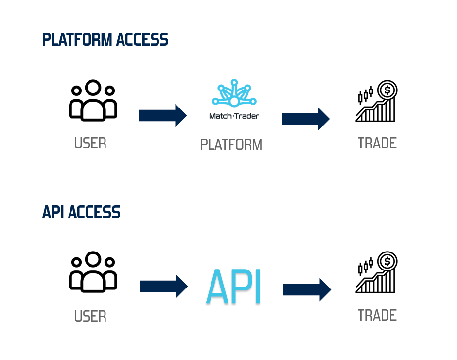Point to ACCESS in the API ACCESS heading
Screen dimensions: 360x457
click(94, 213)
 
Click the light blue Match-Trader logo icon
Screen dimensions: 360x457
click(234, 93)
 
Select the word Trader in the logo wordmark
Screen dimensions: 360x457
click(248, 116)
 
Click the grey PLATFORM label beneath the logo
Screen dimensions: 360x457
click(231, 145)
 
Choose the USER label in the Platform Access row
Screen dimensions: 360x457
click(90, 144)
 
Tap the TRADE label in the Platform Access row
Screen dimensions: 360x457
click(377, 143)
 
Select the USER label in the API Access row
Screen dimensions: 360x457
click(90, 317)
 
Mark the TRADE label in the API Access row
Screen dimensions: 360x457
click(377, 315)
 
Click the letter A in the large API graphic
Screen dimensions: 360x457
click(217, 288)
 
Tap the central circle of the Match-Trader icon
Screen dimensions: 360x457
click(234, 101)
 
